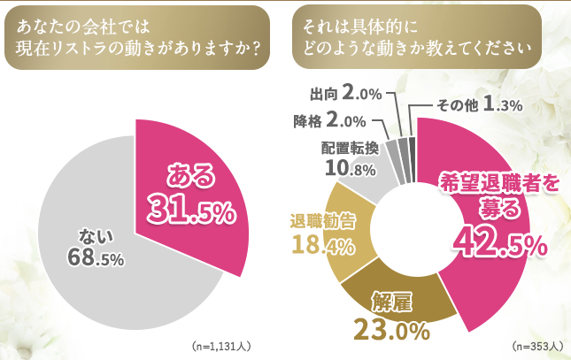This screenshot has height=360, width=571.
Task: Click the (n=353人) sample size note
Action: point(535,345)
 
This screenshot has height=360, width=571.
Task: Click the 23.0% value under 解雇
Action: point(391,330)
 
